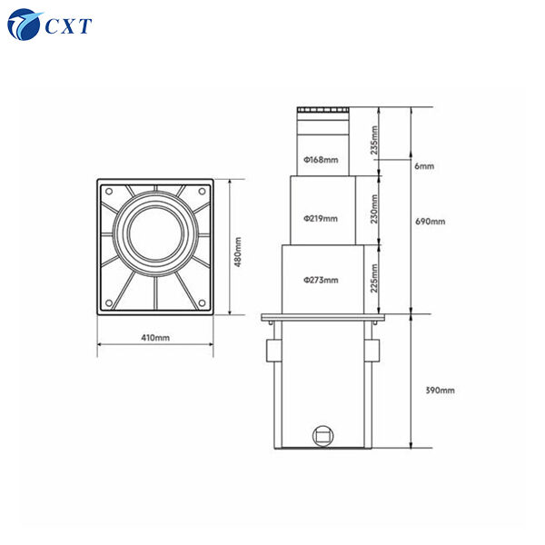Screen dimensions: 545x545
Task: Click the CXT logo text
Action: [x=68, y=26]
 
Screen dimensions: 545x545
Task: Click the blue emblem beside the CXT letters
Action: [x=25, y=25]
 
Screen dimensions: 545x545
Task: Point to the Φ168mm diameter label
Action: [x=320, y=161]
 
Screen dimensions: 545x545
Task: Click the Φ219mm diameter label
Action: [x=321, y=218]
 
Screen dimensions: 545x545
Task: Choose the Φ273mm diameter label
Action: [x=321, y=281]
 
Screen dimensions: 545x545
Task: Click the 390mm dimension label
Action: [x=440, y=390]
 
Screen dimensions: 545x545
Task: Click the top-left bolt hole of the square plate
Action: [x=109, y=191]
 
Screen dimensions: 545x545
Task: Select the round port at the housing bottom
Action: [x=321, y=435]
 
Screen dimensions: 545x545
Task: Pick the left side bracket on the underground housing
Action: [x=269, y=351]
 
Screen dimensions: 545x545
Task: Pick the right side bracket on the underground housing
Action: [x=373, y=351]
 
